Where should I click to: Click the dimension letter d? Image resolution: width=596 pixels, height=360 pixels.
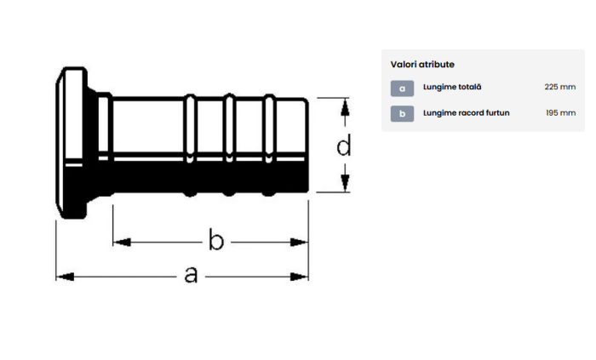pyautogui.click(x=344, y=146)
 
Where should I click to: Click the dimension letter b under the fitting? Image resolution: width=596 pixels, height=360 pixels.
pyautogui.click(x=216, y=239)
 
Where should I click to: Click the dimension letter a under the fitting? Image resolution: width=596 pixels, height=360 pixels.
pyautogui.click(x=191, y=275)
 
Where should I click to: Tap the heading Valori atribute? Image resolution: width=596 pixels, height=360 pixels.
pyautogui.click(x=422, y=64)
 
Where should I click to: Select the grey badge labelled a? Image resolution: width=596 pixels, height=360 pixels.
pyautogui.click(x=402, y=89)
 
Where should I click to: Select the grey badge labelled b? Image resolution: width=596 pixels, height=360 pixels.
pyautogui.click(x=402, y=113)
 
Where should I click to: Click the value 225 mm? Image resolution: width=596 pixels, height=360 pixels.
pyautogui.click(x=560, y=87)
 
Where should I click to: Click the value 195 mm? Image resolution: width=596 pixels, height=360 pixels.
pyautogui.click(x=560, y=113)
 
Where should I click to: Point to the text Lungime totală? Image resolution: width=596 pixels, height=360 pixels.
pyautogui.click(x=452, y=87)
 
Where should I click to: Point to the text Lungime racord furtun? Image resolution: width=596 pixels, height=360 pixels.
pyautogui.click(x=467, y=113)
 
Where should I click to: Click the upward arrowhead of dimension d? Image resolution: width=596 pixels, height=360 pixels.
pyautogui.click(x=345, y=107)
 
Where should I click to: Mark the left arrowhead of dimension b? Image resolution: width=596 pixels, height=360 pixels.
pyautogui.click(x=122, y=243)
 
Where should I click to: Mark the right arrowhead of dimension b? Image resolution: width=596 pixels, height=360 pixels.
pyautogui.click(x=299, y=243)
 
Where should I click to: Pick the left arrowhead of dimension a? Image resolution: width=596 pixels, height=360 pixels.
pyautogui.click(x=65, y=277)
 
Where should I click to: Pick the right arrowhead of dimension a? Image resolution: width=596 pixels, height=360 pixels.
pyautogui.click(x=299, y=277)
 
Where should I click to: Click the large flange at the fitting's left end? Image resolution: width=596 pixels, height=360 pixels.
pyautogui.click(x=72, y=143)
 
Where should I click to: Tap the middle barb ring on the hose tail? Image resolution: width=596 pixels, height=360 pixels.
pyautogui.click(x=229, y=145)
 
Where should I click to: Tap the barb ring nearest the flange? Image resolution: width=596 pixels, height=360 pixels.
pyautogui.click(x=190, y=145)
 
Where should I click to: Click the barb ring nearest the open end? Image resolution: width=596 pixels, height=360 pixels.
pyautogui.click(x=269, y=145)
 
